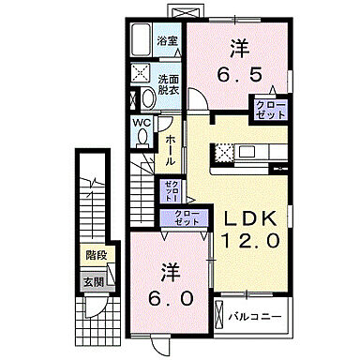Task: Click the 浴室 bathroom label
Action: click(x=168, y=41)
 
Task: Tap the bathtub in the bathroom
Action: click(x=142, y=41)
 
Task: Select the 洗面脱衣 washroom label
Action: click(x=169, y=85)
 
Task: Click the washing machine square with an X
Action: click(x=142, y=74)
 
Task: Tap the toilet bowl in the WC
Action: click(x=142, y=137)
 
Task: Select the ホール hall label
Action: click(x=172, y=149)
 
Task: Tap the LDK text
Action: click(x=247, y=218)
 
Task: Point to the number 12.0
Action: click(x=248, y=240)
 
